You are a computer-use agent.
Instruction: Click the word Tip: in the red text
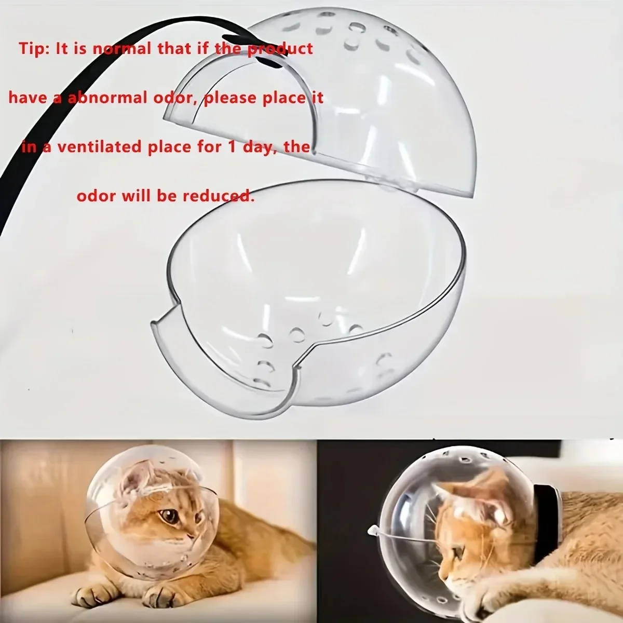point(34,49)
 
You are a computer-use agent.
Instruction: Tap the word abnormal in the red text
point(107,98)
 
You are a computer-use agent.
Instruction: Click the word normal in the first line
point(122,49)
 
